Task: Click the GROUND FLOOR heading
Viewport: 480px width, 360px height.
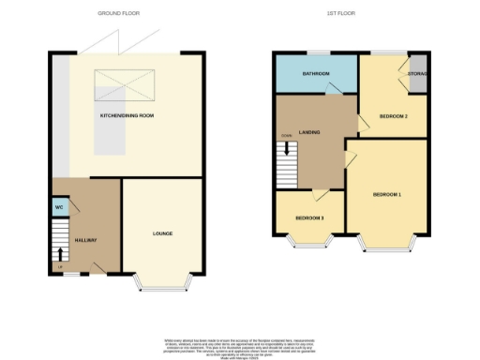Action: coord(119,14)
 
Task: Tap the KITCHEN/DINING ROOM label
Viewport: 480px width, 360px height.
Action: coord(126,115)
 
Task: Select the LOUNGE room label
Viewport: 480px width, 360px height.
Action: coord(162,232)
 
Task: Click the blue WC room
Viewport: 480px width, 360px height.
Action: coord(58,207)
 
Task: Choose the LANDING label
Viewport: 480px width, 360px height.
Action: coord(310,132)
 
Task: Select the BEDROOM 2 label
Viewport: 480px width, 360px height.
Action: coord(392,116)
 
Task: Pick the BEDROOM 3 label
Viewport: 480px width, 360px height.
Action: coord(309,217)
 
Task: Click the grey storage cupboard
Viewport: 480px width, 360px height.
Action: coord(418,74)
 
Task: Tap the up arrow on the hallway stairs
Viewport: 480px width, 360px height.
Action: coord(62,252)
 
